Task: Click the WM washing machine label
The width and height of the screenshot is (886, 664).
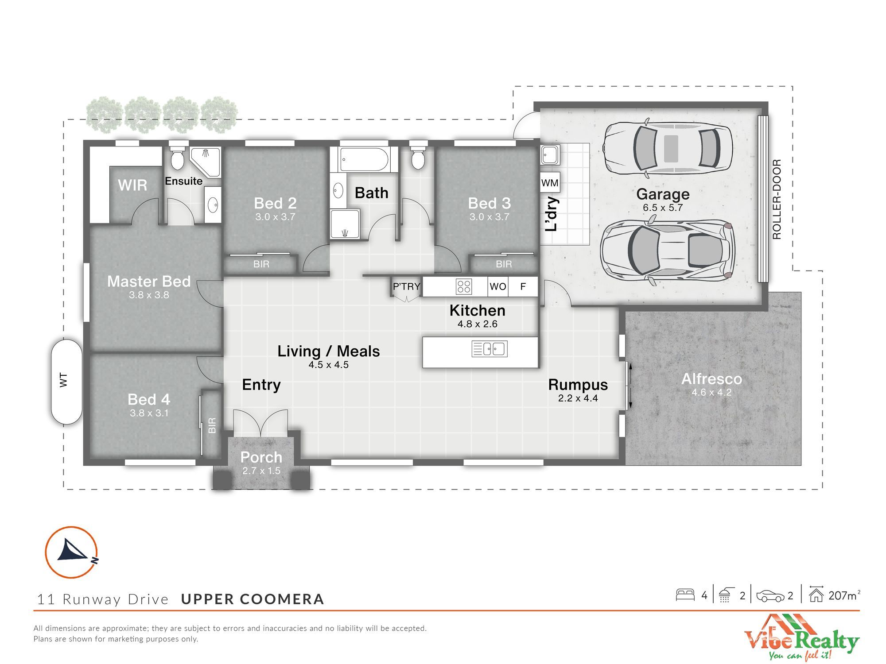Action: pos(550,183)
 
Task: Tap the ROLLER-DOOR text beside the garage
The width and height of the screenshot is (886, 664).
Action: pos(777,200)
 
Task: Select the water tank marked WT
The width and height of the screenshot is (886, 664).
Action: pos(66,382)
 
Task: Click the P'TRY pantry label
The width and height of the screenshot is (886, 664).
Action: pos(406,286)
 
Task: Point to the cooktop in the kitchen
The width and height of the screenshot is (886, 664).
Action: pos(464,286)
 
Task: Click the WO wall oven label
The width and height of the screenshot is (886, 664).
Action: pos(498,286)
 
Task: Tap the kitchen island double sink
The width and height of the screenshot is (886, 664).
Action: pos(490,349)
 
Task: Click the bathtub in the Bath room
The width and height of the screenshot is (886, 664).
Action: pos(364,159)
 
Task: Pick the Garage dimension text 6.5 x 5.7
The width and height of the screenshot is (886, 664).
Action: pos(663,208)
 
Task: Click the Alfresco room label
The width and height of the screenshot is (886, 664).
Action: pos(711,379)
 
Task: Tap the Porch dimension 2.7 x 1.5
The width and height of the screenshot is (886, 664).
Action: pos(261,471)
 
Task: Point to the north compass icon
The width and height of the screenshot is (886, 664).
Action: pos(71,552)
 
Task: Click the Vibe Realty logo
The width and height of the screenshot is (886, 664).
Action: pos(801,637)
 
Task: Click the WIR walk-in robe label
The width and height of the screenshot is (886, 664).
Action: pos(132,185)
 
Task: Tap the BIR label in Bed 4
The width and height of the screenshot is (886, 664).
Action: pos(212,425)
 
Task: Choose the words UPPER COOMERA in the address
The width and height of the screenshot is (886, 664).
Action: pos(253,599)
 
